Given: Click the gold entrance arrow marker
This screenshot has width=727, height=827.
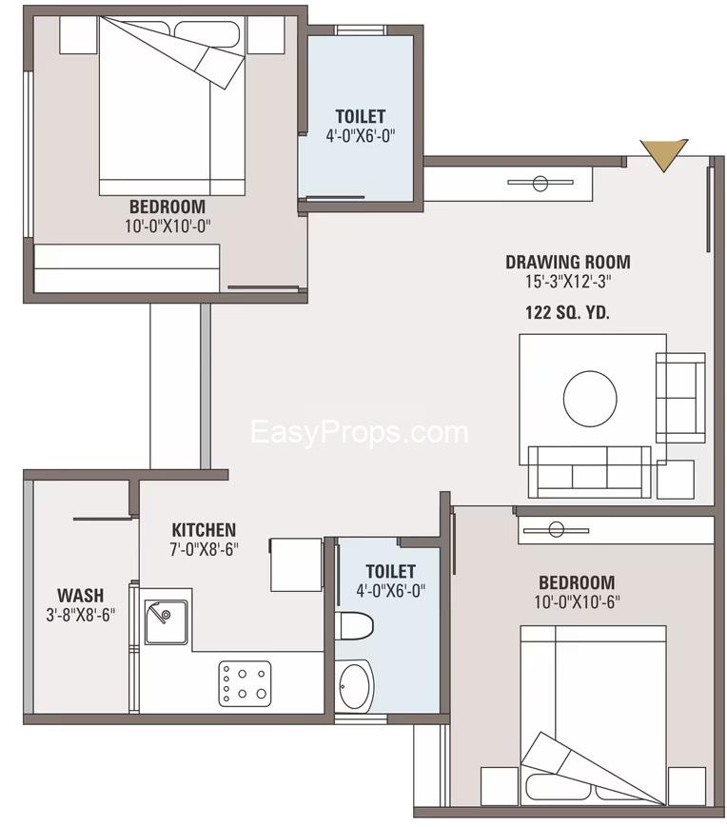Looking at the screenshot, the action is click(x=663, y=153).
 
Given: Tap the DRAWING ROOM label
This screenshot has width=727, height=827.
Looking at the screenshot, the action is click(x=568, y=262).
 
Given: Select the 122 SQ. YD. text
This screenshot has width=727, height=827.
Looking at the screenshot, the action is click(x=567, y=313).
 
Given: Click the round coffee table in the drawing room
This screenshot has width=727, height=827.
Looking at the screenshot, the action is click(x=590, y=398).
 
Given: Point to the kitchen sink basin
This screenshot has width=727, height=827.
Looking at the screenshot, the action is click(x=167, y=621).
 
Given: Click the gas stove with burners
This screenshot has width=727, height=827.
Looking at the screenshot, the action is click(x=245, y=683).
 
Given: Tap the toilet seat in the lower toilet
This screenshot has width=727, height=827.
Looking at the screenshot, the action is click(x=354, y=625).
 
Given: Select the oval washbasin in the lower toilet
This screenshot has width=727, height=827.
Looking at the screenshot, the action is click(x=354, y=685).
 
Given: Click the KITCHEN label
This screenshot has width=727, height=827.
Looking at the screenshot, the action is click(x=204, y=529).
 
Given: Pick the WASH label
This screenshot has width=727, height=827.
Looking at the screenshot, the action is click(x=81, y=596).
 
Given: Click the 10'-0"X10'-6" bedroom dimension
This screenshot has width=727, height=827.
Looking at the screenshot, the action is click(x=577, y=601).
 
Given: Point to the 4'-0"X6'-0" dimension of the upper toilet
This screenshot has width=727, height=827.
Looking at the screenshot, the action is click(x=361, y=136).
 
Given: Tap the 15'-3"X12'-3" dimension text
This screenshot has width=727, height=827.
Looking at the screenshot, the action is click(x=568, y=282).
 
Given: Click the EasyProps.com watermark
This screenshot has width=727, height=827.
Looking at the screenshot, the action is click(x=360, y=432).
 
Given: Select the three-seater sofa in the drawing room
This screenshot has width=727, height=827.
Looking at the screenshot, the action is click(x=589, y=472).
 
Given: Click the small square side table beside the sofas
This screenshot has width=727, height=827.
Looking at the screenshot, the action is click(x=676, y=480).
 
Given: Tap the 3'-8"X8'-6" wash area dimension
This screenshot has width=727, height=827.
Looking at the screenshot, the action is click(x=81, y=615).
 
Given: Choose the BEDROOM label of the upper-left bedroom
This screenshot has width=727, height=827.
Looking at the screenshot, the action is click(x=167, y=207).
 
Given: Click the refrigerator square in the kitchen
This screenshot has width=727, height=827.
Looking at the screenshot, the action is click(x=296, y=565).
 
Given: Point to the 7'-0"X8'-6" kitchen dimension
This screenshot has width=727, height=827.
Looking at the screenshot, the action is click(x=204, y=549).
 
